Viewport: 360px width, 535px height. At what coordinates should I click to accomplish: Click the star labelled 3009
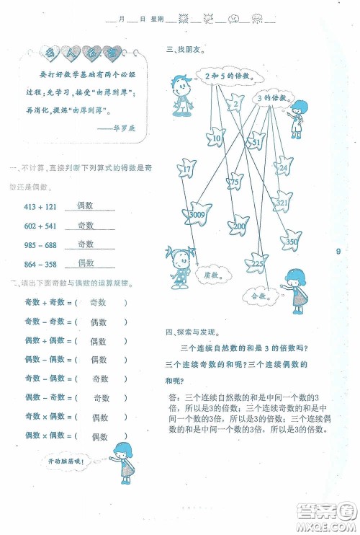(x=196, y=214)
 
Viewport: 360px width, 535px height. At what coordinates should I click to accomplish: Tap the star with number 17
(x=186, y=169)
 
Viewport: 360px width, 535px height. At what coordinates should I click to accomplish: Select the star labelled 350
(x=291, y=242)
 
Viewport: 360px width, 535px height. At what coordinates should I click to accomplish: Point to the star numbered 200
(x=239, y=226)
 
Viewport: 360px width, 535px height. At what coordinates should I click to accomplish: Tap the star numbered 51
(x=256, y=143)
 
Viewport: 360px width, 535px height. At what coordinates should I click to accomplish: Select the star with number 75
(x=234, y=183)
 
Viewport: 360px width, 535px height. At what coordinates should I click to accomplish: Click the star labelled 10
(x=214, y=136)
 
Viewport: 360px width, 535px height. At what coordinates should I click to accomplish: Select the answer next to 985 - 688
(x=86, y=244)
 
